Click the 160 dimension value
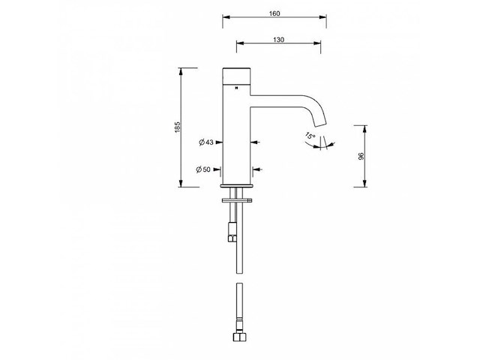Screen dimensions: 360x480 275,13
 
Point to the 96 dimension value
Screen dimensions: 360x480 361,156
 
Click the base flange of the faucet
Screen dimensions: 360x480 238,185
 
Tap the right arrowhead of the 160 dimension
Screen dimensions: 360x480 324,17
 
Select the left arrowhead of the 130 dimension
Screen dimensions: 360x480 240,43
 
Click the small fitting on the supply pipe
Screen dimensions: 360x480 232,238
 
